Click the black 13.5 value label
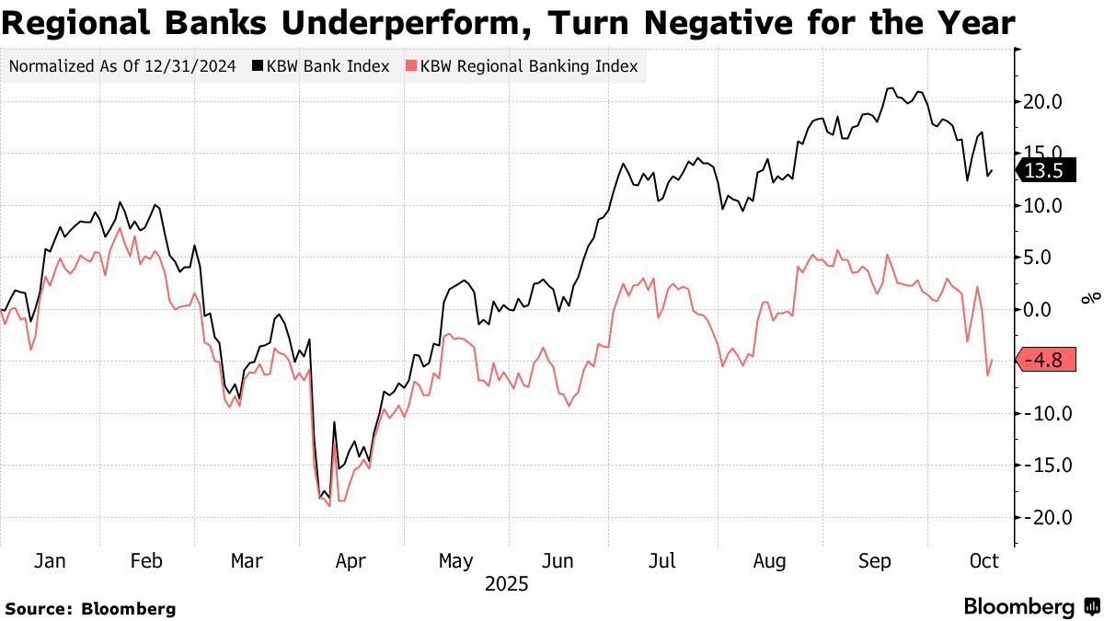tap(1043, 170)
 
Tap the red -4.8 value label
tap(1043, 361)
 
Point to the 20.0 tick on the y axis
tap(1043, 101)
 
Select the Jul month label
tap(662, 561)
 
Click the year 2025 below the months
tap(506, 584)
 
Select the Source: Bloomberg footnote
tap(91, 608)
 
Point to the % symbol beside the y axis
tap(1091, 297)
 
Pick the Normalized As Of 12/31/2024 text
tap(123, 66)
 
